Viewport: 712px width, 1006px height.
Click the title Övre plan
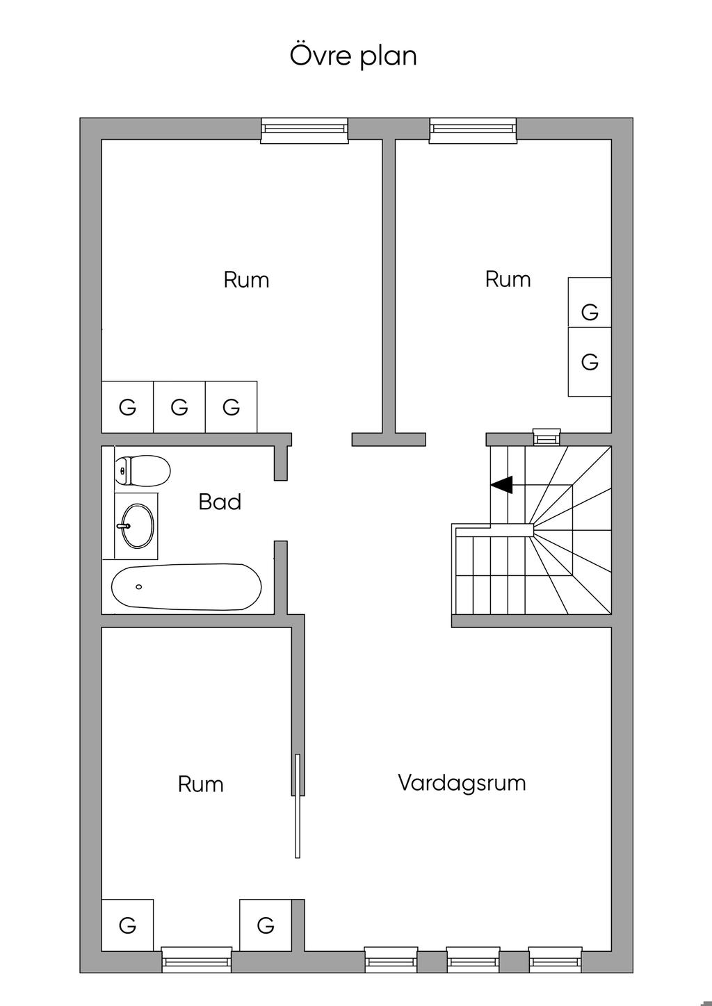[x=353, y=56]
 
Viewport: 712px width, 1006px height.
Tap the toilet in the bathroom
[x=143, y=470]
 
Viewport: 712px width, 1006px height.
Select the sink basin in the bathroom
[x=136, y=525]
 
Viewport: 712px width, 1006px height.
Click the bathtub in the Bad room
[x=186, y=587]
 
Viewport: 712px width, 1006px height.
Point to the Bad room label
[x=220, y=502]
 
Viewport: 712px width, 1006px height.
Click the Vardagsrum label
[x=462, y=783]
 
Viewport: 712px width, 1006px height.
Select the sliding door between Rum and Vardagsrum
[x=298, y=806]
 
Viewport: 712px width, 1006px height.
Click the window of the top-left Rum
[x=305, y=129]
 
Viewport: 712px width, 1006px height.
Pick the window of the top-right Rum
[x=474, y=129]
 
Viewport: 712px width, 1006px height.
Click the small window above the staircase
[x=546, y=437]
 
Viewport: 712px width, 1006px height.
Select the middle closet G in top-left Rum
[x=179, y=407]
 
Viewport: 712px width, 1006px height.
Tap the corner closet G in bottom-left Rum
[x=127, y=925]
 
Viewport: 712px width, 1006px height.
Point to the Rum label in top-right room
[x=508, y=279]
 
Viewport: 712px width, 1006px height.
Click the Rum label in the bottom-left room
[x=200, y=784]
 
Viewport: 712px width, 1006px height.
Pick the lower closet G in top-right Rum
[x=590, y=362]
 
